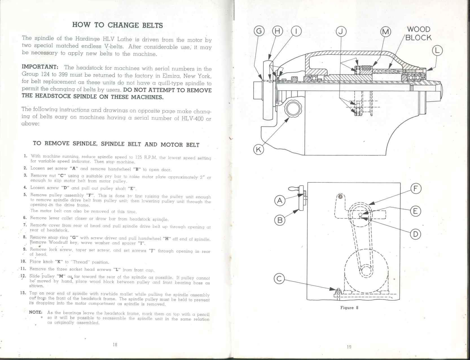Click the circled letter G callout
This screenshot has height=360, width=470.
pos(259,31)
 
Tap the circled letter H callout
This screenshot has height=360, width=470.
pos(277,31)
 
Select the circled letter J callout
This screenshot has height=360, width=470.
pos(341,31)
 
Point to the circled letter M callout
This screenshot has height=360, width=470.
pos(386,31)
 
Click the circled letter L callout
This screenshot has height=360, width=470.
pos(437,51)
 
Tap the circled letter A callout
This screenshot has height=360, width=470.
pos(280,201)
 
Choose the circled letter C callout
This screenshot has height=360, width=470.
pos(279,279)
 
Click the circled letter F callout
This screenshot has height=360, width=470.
pos(416,189)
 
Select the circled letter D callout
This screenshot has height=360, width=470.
pos(416,234)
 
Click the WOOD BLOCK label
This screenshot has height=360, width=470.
pos(418,34)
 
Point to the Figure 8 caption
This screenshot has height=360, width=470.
pos(349,308)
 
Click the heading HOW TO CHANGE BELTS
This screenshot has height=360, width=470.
pos(118,25)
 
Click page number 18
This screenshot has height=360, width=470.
pos(115,344)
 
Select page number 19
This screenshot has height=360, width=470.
pos(349,347)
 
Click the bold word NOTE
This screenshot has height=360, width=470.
pos(36,313)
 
